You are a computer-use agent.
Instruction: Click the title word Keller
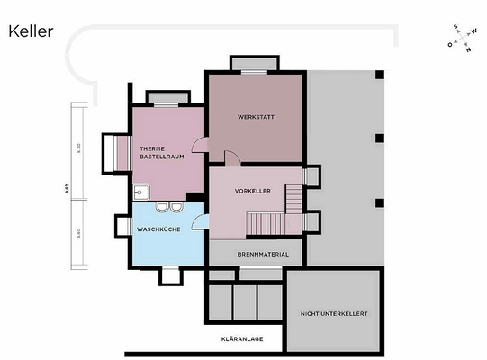31,31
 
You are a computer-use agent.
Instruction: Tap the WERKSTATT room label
255,118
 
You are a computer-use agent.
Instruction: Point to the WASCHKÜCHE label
160,229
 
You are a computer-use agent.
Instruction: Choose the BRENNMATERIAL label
263,255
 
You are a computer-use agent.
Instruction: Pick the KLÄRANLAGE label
241,339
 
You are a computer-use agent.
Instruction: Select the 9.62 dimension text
66,187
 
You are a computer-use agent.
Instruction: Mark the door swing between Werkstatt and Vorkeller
231,158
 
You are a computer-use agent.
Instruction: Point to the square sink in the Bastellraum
140,192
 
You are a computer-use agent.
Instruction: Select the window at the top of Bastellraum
167,96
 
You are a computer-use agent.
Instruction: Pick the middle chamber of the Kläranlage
245,301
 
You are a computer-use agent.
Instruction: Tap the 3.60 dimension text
78,234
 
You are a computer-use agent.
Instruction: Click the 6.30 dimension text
78,148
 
